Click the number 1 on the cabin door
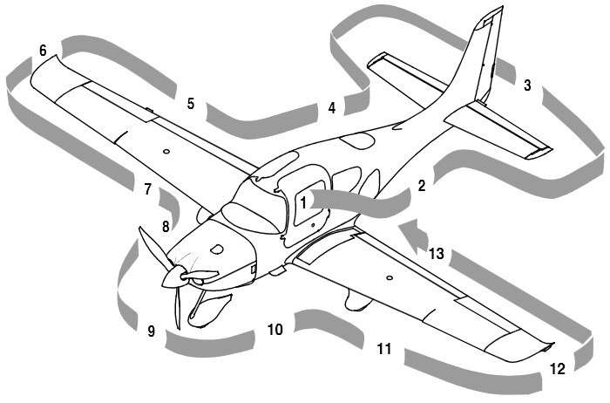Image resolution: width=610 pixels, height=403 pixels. (x=303, y=201)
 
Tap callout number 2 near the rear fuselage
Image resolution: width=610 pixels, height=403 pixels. (x=421, y=186)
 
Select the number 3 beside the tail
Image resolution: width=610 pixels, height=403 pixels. (x=526, y=85)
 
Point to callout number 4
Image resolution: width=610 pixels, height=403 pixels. (x=331, y=108)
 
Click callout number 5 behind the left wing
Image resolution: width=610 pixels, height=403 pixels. (x=190, y=104)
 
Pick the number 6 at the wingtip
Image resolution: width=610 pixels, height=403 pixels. (x=43, y=51)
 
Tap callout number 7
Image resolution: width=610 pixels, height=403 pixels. (x=147, y=188)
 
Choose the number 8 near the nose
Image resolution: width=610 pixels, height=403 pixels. (x=165, y=227)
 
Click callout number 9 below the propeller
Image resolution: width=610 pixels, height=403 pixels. (x=151, y=331)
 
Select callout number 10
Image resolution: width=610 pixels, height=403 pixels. (x=274, y=330)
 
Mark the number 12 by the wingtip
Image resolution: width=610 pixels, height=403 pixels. (x=557, y=369)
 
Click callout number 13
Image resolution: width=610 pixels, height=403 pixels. (x=436, y=254)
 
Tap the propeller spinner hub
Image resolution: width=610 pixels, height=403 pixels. (x=171, y=277)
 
